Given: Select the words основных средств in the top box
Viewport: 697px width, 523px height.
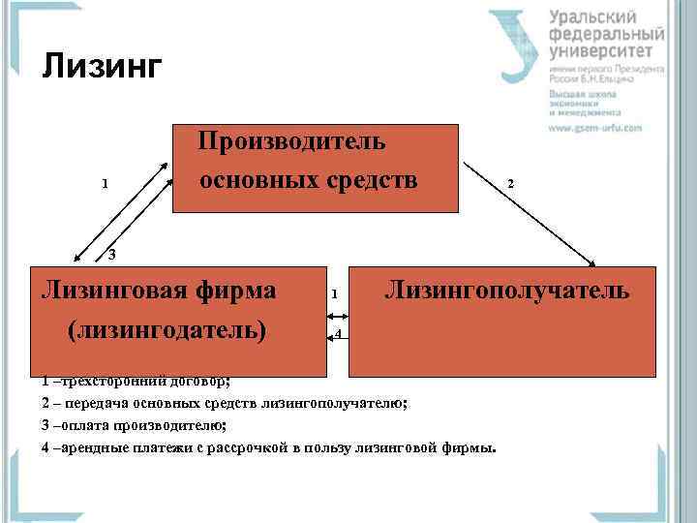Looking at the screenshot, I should pyautogui.click(x=309, y=181).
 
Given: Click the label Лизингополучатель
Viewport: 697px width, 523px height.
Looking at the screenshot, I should pyautogui.click(x=507, y=290).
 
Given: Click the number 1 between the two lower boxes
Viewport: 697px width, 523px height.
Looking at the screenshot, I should pyautogui.click(x=333, y=293).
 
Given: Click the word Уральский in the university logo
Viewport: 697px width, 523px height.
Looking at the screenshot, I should pyautogui.click(x=592, y=16).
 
